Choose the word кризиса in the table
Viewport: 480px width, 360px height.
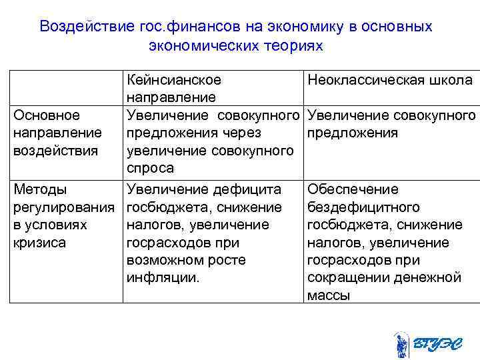coord(40,243)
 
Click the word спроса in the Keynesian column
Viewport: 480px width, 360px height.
coord(150,169)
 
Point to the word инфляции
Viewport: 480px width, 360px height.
coord(163,277)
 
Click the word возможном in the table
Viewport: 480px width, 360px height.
coord(163,260)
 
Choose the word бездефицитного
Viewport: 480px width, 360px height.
coord(363,207)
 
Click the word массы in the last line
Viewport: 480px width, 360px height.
coord(329,295)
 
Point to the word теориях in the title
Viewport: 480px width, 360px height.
coord(291,46)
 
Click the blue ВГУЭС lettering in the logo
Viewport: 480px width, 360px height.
coord(437,345)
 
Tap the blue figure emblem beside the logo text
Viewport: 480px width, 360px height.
coord(401,345)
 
